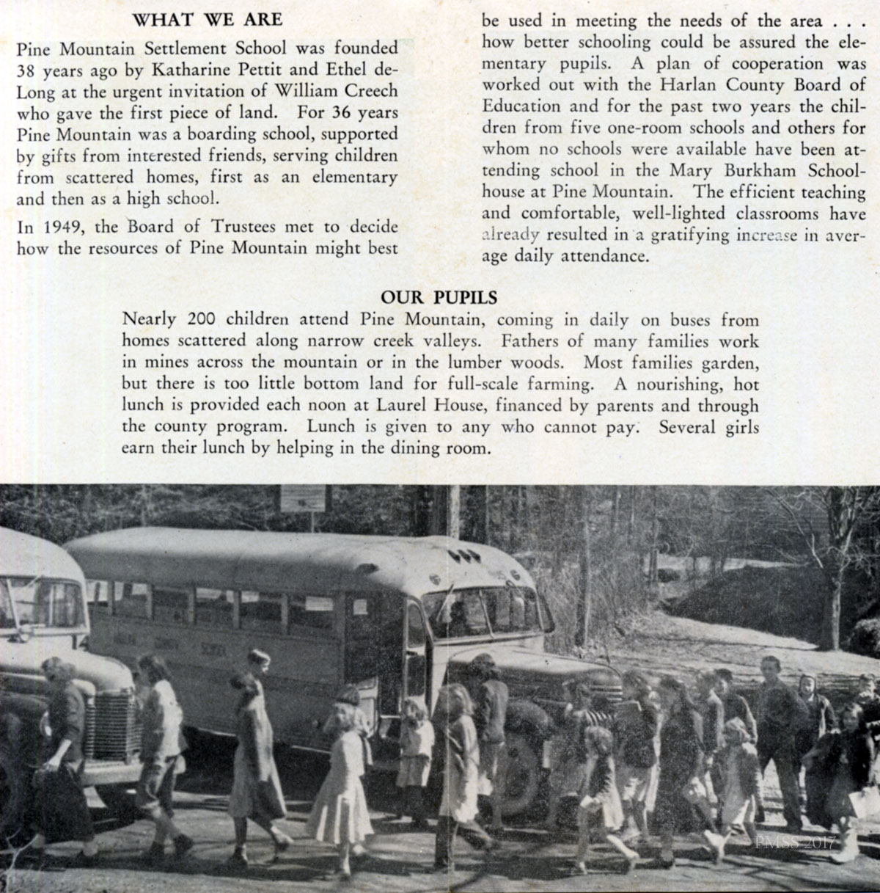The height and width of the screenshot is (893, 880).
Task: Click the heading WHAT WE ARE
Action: click(207, 20)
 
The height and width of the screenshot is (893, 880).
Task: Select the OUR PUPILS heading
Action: click(439, 298)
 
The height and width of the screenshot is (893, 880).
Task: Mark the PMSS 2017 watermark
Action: click(795, 843)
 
